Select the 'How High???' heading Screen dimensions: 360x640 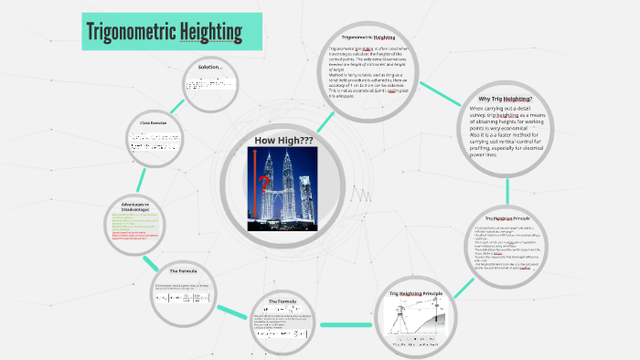point(283,140)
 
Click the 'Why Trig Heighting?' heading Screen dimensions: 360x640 point(505,99)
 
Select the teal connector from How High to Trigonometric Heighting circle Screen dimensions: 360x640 point(325,121)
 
